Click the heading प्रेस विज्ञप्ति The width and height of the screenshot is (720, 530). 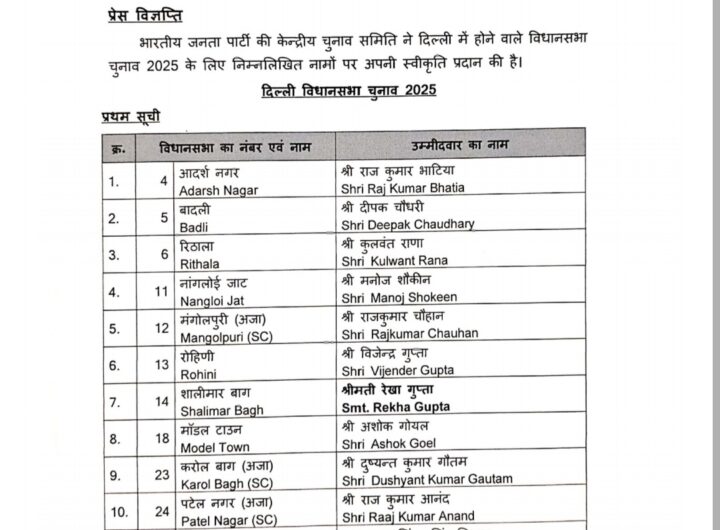point(145,17)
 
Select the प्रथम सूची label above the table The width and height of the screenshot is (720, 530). point(131,118)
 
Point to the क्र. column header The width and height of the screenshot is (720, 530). point(119,148)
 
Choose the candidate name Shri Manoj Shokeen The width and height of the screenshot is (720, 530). point(399,297)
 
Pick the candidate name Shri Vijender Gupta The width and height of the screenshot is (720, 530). point(397,370)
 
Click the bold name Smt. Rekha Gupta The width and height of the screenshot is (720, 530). point(395,407)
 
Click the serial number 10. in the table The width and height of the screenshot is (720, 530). point(119,512)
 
